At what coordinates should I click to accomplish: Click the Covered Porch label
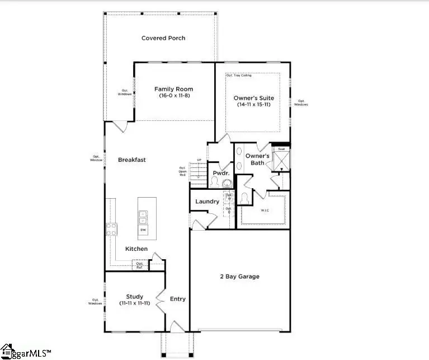[x=163, y=38]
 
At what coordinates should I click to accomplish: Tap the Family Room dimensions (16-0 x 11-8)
[x=173, y=96]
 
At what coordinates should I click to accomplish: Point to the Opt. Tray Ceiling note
[x=239, y=75]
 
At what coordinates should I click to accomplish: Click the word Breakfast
[x=132, y=160]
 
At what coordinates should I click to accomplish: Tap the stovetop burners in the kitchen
[x=111, y=228]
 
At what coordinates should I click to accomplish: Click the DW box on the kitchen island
[x=144, y=230]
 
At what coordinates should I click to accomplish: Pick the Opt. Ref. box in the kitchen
[x=140, y=265]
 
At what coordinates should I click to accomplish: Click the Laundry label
[x=206, y=202]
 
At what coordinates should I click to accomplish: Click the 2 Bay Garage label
[x=239, y=277]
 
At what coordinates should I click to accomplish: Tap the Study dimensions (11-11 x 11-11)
[x=134, y=303]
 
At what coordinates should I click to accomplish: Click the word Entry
[x=177, y=299]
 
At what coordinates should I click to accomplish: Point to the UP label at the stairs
[x=199, y=161]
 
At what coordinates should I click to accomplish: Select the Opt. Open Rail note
[x=182, y=171]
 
